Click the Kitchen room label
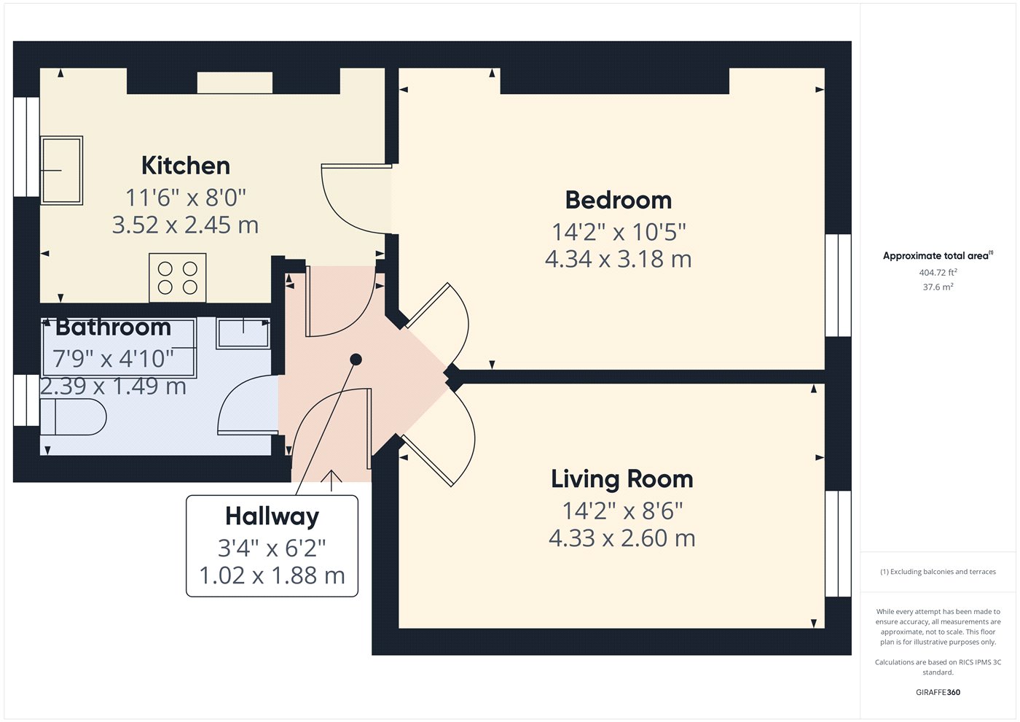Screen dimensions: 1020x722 click(x=185, y=166)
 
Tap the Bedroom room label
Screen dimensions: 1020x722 click(x=619, y=200)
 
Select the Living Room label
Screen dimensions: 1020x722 click(x=622, y=479)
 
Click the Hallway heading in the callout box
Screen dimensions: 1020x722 click(x=272, y=517)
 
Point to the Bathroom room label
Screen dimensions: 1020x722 click(x=113, y=327)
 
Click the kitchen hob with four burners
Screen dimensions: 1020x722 click(x=178, y=278)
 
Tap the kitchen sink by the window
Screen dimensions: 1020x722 click(x=61, y=170)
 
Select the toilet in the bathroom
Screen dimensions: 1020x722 click(x=74, y=417)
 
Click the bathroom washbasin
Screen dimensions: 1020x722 click(x=243, y=333)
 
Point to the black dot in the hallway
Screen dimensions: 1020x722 click(x=356, y=360)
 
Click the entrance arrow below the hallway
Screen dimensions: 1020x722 click(x=331, y=481)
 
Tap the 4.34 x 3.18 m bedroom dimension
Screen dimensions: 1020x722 click(x=619, y=260)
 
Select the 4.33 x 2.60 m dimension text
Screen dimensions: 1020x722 click(x=622, y=538)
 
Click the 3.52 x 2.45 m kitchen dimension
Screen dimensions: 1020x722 click(x=185, y=225)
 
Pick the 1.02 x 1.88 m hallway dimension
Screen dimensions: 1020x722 click(x=272, y=575)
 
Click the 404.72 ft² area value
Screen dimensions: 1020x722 click(x=938, y=273)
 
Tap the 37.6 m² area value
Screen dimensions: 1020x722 click(x=938, y=287)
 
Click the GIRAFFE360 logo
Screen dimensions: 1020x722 click(x=938, y=692)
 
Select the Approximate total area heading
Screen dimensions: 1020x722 click(x=938, y=256)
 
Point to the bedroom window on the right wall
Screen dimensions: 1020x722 click(x=839, y=285)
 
